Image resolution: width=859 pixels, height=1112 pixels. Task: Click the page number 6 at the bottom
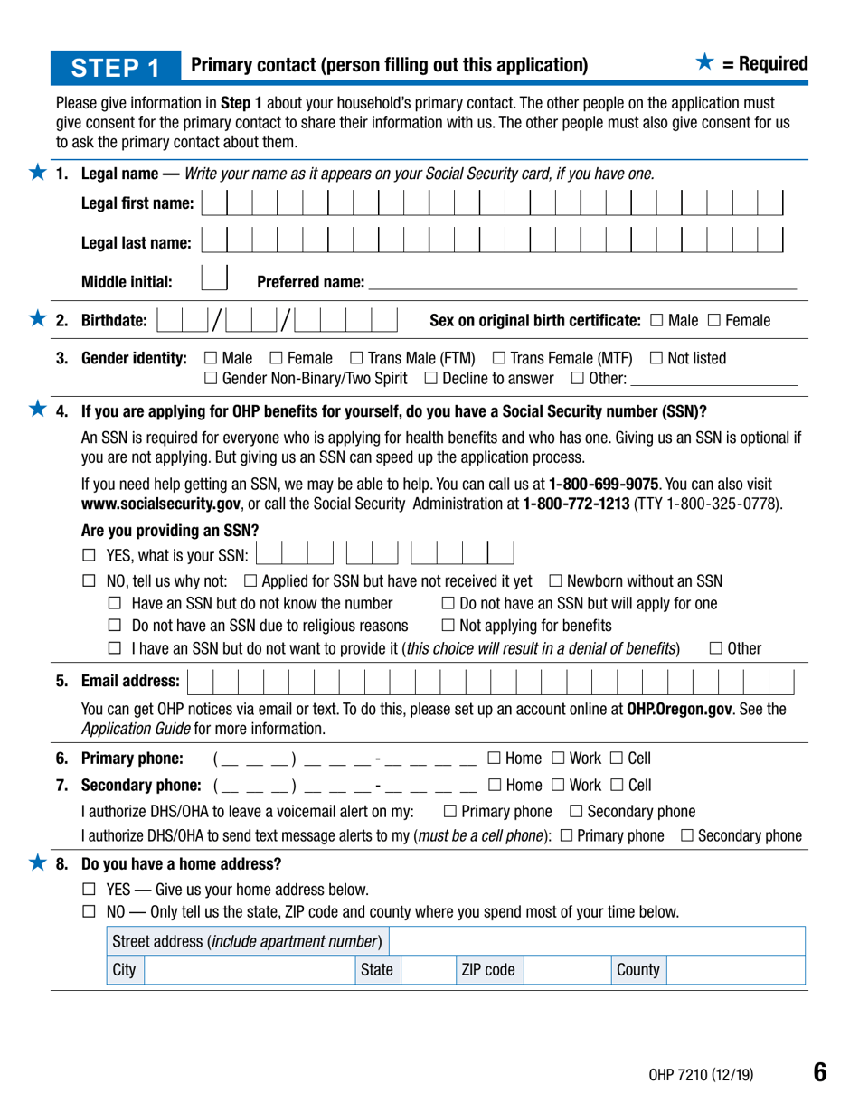818,1072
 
